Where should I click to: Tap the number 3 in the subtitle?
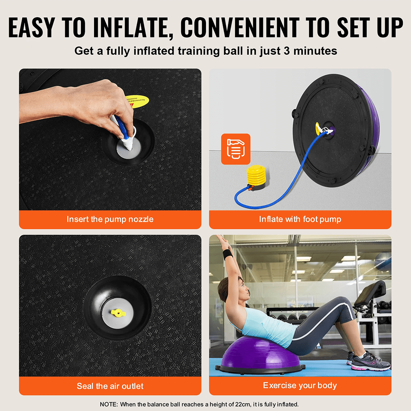(x=287, y=51)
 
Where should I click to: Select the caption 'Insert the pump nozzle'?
(x=110, y=219)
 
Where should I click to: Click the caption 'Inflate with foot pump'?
(x=300, y=219)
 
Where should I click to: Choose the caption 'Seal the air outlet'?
(x=110, y=386)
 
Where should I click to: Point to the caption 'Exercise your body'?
(x=300, y=386)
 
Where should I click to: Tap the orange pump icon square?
(x=236, y=149)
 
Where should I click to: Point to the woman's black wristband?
(x=228, y=253)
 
